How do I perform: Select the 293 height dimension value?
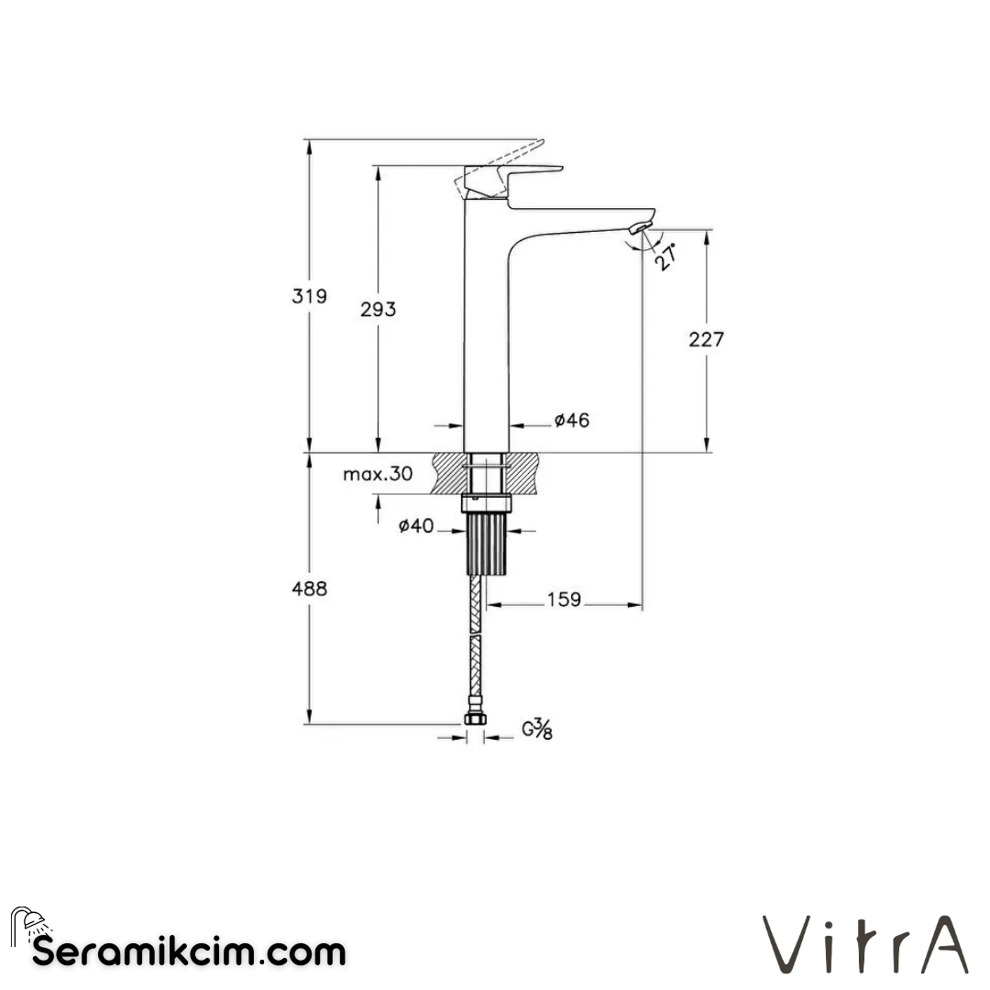pos(378,310)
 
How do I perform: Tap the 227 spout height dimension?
pos(706,339)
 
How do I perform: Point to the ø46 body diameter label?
pos(571,421)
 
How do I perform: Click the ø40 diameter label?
pos(415,526)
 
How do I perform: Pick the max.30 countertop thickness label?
pos(378,474)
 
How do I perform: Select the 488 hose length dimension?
pos(310,588)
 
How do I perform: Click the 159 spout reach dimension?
pos(564,599)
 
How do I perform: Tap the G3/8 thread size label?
pos(537,730)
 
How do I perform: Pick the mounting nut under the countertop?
pos(486,502)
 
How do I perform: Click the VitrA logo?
pos(866,944)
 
